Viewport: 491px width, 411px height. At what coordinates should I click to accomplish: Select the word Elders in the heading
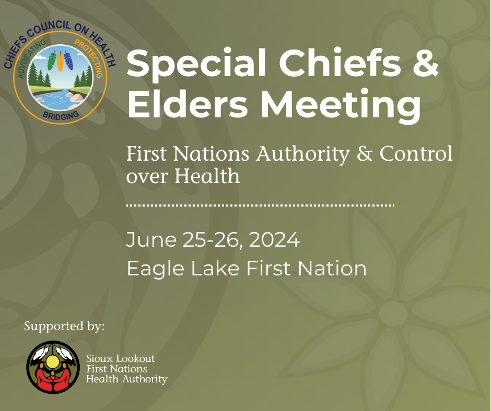[187, 103]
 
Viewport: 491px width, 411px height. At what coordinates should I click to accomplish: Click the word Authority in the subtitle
[303, 154]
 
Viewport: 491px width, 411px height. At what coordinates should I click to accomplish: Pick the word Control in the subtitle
[416, 153]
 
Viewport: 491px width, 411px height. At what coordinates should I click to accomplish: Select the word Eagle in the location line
[155, 269]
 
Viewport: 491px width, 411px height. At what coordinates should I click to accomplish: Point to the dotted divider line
[260, 205]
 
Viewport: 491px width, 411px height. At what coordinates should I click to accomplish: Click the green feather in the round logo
[52, 61]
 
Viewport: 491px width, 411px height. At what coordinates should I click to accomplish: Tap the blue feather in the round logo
[68, 61]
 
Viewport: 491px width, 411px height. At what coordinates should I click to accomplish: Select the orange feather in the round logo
[60, 62]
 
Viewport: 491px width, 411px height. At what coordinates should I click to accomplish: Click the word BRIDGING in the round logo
[61, 115]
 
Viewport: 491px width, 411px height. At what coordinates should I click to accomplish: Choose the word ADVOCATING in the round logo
[31, 58]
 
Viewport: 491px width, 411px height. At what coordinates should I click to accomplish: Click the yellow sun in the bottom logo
[52, 362]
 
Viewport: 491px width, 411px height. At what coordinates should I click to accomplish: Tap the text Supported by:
[64, 327]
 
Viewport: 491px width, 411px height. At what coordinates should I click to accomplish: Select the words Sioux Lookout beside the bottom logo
[121, 358]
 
